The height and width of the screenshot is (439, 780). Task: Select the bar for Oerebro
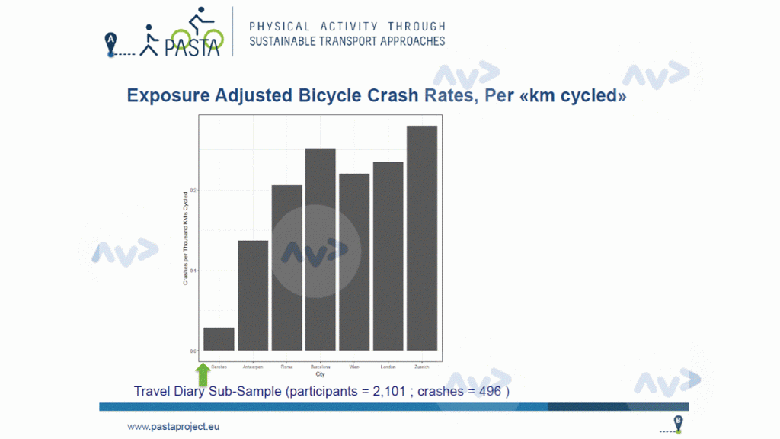(219, 339)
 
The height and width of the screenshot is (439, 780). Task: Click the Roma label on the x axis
(286, 367)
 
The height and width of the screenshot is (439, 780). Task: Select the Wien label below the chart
(354, 367)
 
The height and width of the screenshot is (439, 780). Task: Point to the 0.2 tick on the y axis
(193, 190)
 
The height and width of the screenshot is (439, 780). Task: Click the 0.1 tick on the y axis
(193, 271)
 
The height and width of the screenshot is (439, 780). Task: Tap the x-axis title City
(321, 373)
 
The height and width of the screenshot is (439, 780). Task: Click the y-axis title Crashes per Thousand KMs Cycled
(185, 239)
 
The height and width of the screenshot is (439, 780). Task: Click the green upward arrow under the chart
(203, 374)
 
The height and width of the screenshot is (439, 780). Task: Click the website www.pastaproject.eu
(173, 426)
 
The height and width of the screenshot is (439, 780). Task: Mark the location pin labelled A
(111, 44)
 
